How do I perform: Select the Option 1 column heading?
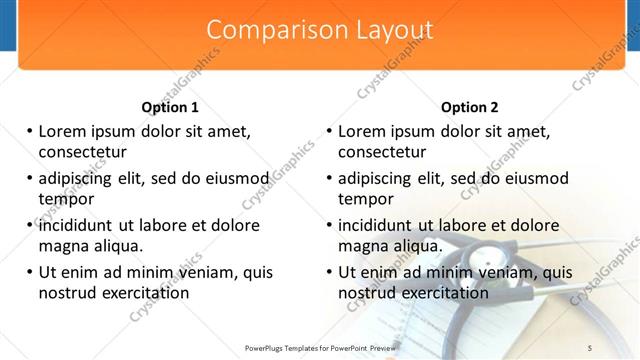[x=170, y=107]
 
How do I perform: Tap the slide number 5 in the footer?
[x=589, y=346]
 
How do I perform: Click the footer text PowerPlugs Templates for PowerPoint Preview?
[x=320, y=346]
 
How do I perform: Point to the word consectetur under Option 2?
[x=382, y=152]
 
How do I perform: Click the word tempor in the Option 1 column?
[x=65, y=199]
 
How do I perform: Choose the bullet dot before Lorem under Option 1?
[x=29, y=131]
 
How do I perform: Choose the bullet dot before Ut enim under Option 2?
[x=329, y=272]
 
